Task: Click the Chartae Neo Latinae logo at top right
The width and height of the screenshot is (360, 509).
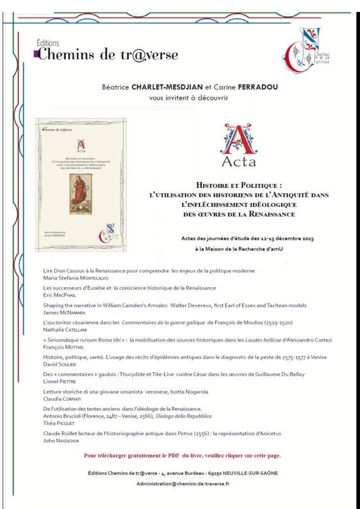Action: pyautogui.click(x=305, y=50)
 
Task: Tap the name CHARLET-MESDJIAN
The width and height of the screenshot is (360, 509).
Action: pyautogui.click(x=160, y=87)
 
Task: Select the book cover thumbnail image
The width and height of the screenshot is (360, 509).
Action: pyautogui.click(x=81, y=184)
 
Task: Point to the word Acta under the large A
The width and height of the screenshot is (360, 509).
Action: pyautogui.click(x=239, y=161)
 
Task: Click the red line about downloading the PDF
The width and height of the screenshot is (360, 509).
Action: pyautogui.click(x=183, y=455)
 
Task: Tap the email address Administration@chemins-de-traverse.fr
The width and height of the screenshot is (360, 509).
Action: pyautogui.click(x=183, y=483)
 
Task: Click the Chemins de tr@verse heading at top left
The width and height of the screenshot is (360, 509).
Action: pyautogui.click(x=108, y=54)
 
